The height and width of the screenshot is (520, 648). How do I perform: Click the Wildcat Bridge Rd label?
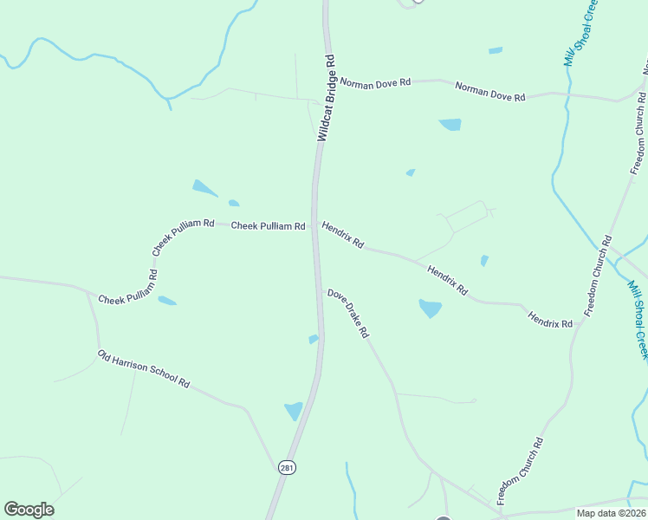point(326,97)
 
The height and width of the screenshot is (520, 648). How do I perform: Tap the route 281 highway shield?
point(287,467)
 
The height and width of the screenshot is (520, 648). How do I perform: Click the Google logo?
point(29,510)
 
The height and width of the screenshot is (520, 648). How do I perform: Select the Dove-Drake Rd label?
point(348,314)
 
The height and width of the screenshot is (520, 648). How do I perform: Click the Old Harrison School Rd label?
point(143,368)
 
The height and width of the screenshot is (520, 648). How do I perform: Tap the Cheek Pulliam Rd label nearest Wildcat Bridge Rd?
point(268,226)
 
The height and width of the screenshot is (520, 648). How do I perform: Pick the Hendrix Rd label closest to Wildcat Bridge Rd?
point(342,234)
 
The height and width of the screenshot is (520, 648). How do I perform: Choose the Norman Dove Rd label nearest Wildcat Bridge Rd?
point(374,83)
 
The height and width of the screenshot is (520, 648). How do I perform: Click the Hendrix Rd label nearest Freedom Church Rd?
point(550,318)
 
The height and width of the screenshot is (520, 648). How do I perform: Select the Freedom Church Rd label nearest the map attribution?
point(520,471)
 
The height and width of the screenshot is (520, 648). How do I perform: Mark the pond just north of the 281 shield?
point(294,411)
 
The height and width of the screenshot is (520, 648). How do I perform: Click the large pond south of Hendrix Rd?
point(431,308)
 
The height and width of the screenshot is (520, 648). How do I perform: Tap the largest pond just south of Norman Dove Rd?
point(450,125)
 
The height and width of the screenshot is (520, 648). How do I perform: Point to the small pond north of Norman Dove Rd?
point(496,50)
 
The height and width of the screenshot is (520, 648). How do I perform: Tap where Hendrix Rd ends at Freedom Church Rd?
point(582,320)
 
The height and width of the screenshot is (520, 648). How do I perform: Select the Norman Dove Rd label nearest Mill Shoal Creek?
point(490,92)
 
